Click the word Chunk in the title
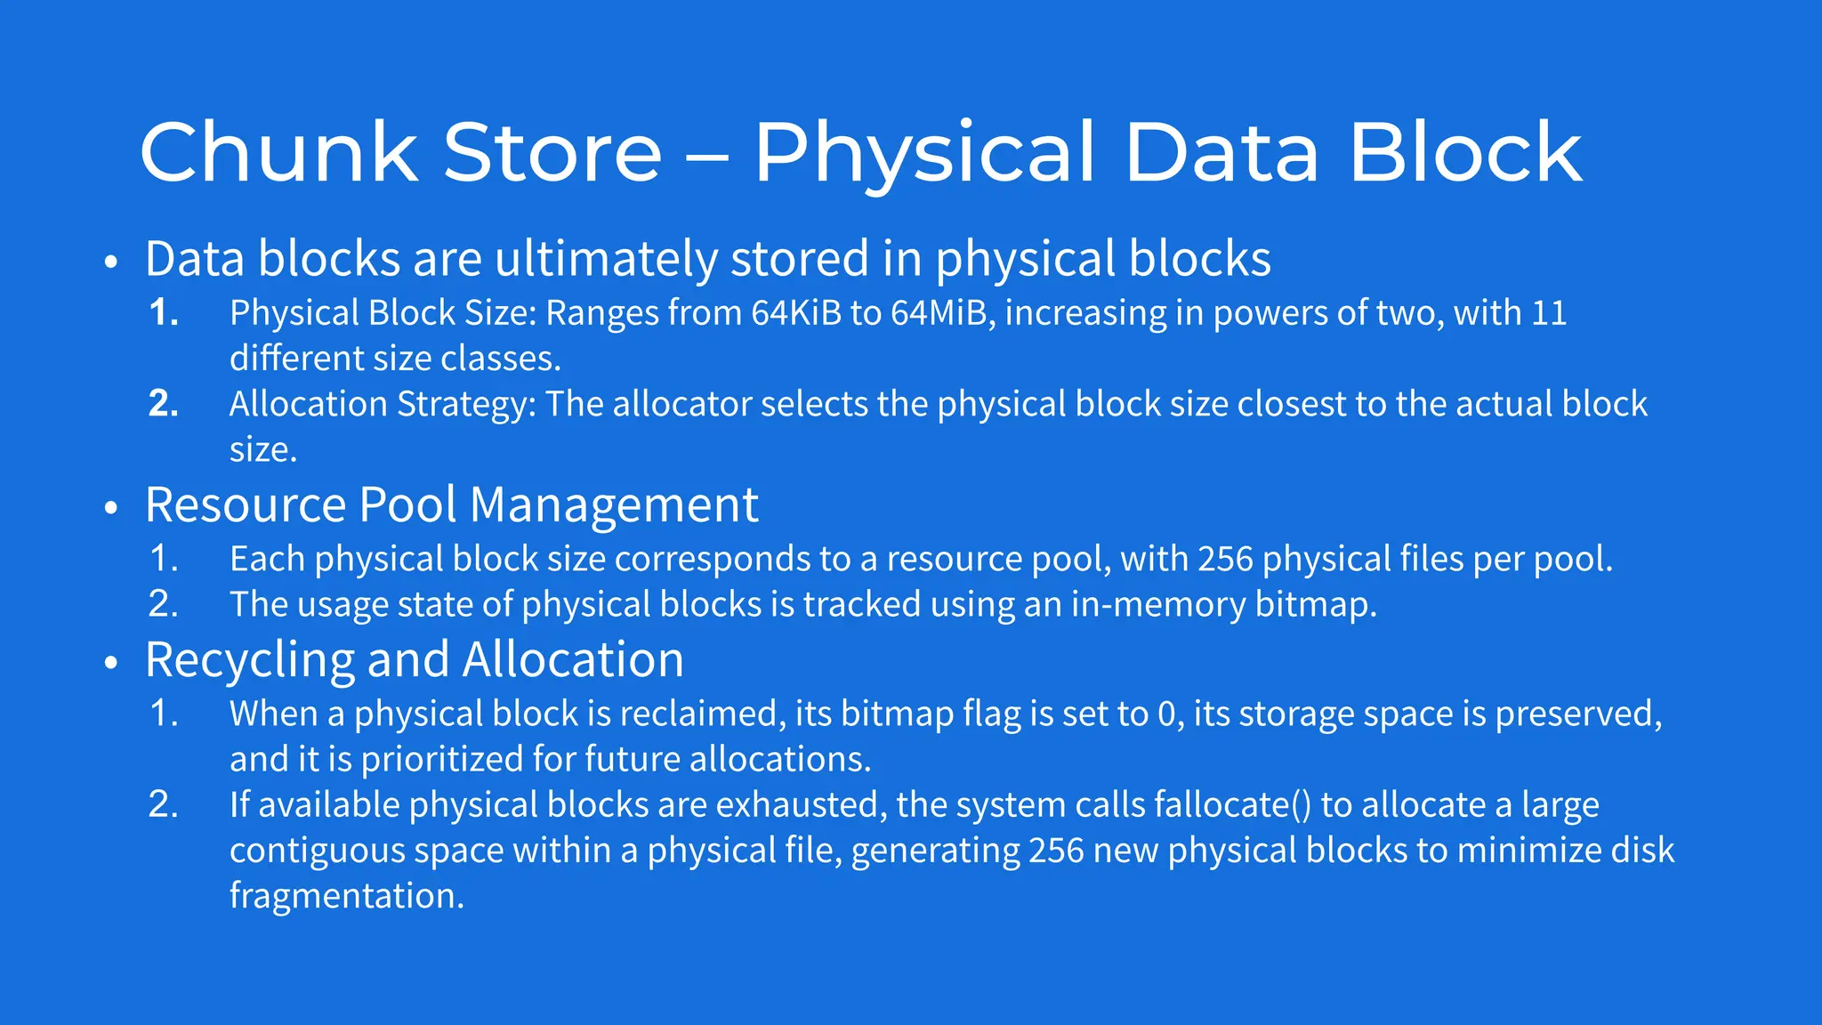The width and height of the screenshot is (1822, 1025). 278,153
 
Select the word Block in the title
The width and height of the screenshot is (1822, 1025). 1465,153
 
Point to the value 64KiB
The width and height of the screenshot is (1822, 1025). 796,313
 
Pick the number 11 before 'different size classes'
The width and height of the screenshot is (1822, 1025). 1549,313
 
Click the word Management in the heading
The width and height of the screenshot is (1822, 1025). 614,505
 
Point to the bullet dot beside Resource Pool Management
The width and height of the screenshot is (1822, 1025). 111,508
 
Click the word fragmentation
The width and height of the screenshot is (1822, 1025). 346,896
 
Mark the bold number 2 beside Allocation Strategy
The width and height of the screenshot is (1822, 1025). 163,405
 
